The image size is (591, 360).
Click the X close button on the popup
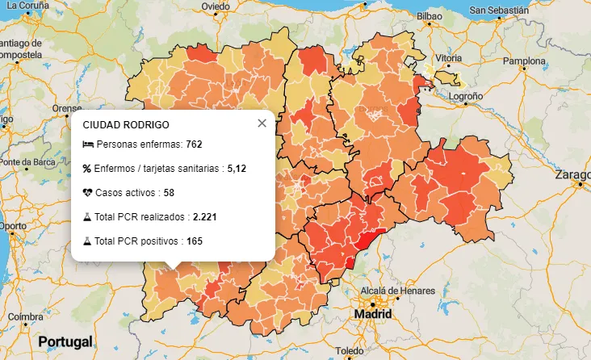pos(262,123)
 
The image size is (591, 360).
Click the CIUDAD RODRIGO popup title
pos(126,125)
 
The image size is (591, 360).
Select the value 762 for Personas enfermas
pos(194,144)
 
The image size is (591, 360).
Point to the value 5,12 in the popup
pos(237,169)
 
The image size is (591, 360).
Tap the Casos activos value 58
pos(169,193)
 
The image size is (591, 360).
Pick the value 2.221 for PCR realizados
pos(205,217)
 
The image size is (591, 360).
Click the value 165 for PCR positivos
pos(195,241)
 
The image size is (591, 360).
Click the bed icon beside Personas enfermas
pos(88,144)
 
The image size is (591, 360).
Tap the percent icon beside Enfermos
pos(87,169)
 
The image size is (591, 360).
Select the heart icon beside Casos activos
pos(87,193)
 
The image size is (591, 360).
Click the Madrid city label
pos(373,314)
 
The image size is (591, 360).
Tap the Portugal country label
pos(65,341)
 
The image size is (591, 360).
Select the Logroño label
pos(466,95)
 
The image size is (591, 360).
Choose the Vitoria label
pos(449,59)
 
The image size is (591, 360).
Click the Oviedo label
pos(216,6)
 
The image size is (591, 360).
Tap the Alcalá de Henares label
pos(398,291)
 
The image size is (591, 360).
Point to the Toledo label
pos(350,351)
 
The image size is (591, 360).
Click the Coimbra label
pos(26,317)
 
